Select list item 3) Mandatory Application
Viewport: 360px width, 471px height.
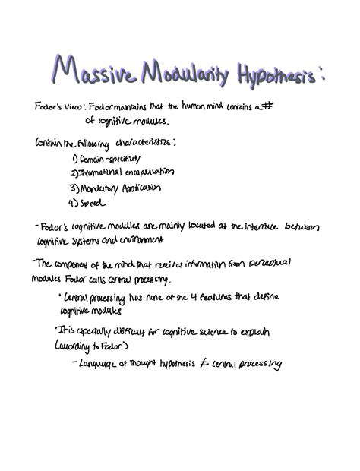(x=115, y=187)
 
